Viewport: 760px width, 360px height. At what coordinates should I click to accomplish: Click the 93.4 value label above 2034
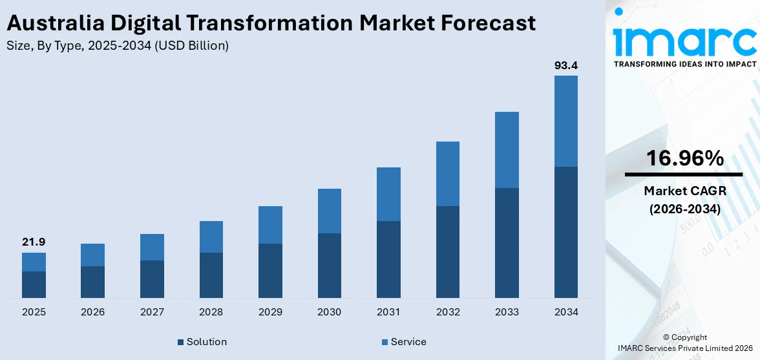[565, 65]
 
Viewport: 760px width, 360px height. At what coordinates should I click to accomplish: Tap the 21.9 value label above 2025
[34, 242]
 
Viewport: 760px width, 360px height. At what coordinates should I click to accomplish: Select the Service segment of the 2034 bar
[565, 121]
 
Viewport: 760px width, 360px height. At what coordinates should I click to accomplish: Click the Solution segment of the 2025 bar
[34, 284]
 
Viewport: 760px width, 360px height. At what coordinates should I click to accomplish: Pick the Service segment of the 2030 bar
[329, 211]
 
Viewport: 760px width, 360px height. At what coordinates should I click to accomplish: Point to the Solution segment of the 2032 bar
[447, 252]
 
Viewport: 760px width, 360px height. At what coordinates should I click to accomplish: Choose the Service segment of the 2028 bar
[211, 237]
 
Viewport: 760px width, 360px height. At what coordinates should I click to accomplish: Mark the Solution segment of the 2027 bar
[152, 279]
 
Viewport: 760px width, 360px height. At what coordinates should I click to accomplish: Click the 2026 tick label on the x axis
[92, 312]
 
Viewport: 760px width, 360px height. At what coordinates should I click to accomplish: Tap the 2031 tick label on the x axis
[388, 312]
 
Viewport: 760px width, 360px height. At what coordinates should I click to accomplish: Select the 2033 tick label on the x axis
[507, 312]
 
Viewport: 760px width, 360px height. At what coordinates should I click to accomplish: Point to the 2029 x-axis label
[270, 312]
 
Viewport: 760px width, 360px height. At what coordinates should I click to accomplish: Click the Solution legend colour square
[180, 342]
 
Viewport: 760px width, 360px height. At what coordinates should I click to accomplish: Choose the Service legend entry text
[408, 342]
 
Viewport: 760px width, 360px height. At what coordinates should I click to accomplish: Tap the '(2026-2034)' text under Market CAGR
[684, 209]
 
